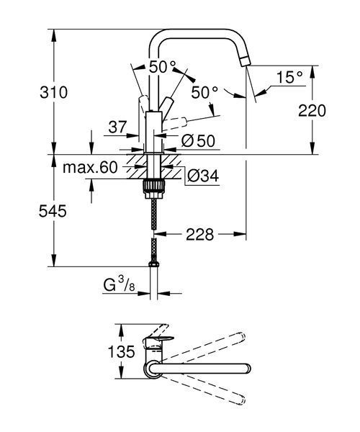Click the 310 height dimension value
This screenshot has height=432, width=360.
pyautogui.click(x=53, y=92)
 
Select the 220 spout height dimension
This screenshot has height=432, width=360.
pyautogui.click(x=312, y=111)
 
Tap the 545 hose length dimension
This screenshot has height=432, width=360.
pyautogui.click(x=53, y=211)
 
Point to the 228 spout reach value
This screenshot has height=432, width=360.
pyautogui.click(x=199, y=235)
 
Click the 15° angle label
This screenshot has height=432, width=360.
pyautogui.click(x=289, y=77)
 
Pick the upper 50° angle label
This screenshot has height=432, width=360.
pyautogui.click(x=162, y=67)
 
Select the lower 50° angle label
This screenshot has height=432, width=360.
pyautogui.click(x=204, y=92)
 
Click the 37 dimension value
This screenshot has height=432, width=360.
pyautogui.click(x=117, y=127)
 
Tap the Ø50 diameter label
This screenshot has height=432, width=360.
pyautogui.click(x=198, y=141)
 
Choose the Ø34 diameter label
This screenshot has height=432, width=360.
pyautogui.click(x=203, y=176)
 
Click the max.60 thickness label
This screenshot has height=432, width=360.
pyautogui.click(x=90, y=167)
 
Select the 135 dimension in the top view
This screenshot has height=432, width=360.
pyautogui.click(x=121, y=351)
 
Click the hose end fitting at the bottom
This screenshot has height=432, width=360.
pyautogui.click(x=153, y=264)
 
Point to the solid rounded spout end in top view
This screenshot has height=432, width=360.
pyautogui.click(x=247, y=369)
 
